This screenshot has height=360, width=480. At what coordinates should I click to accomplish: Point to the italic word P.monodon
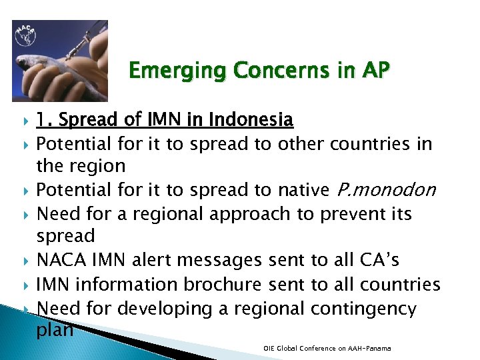point(383,191)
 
